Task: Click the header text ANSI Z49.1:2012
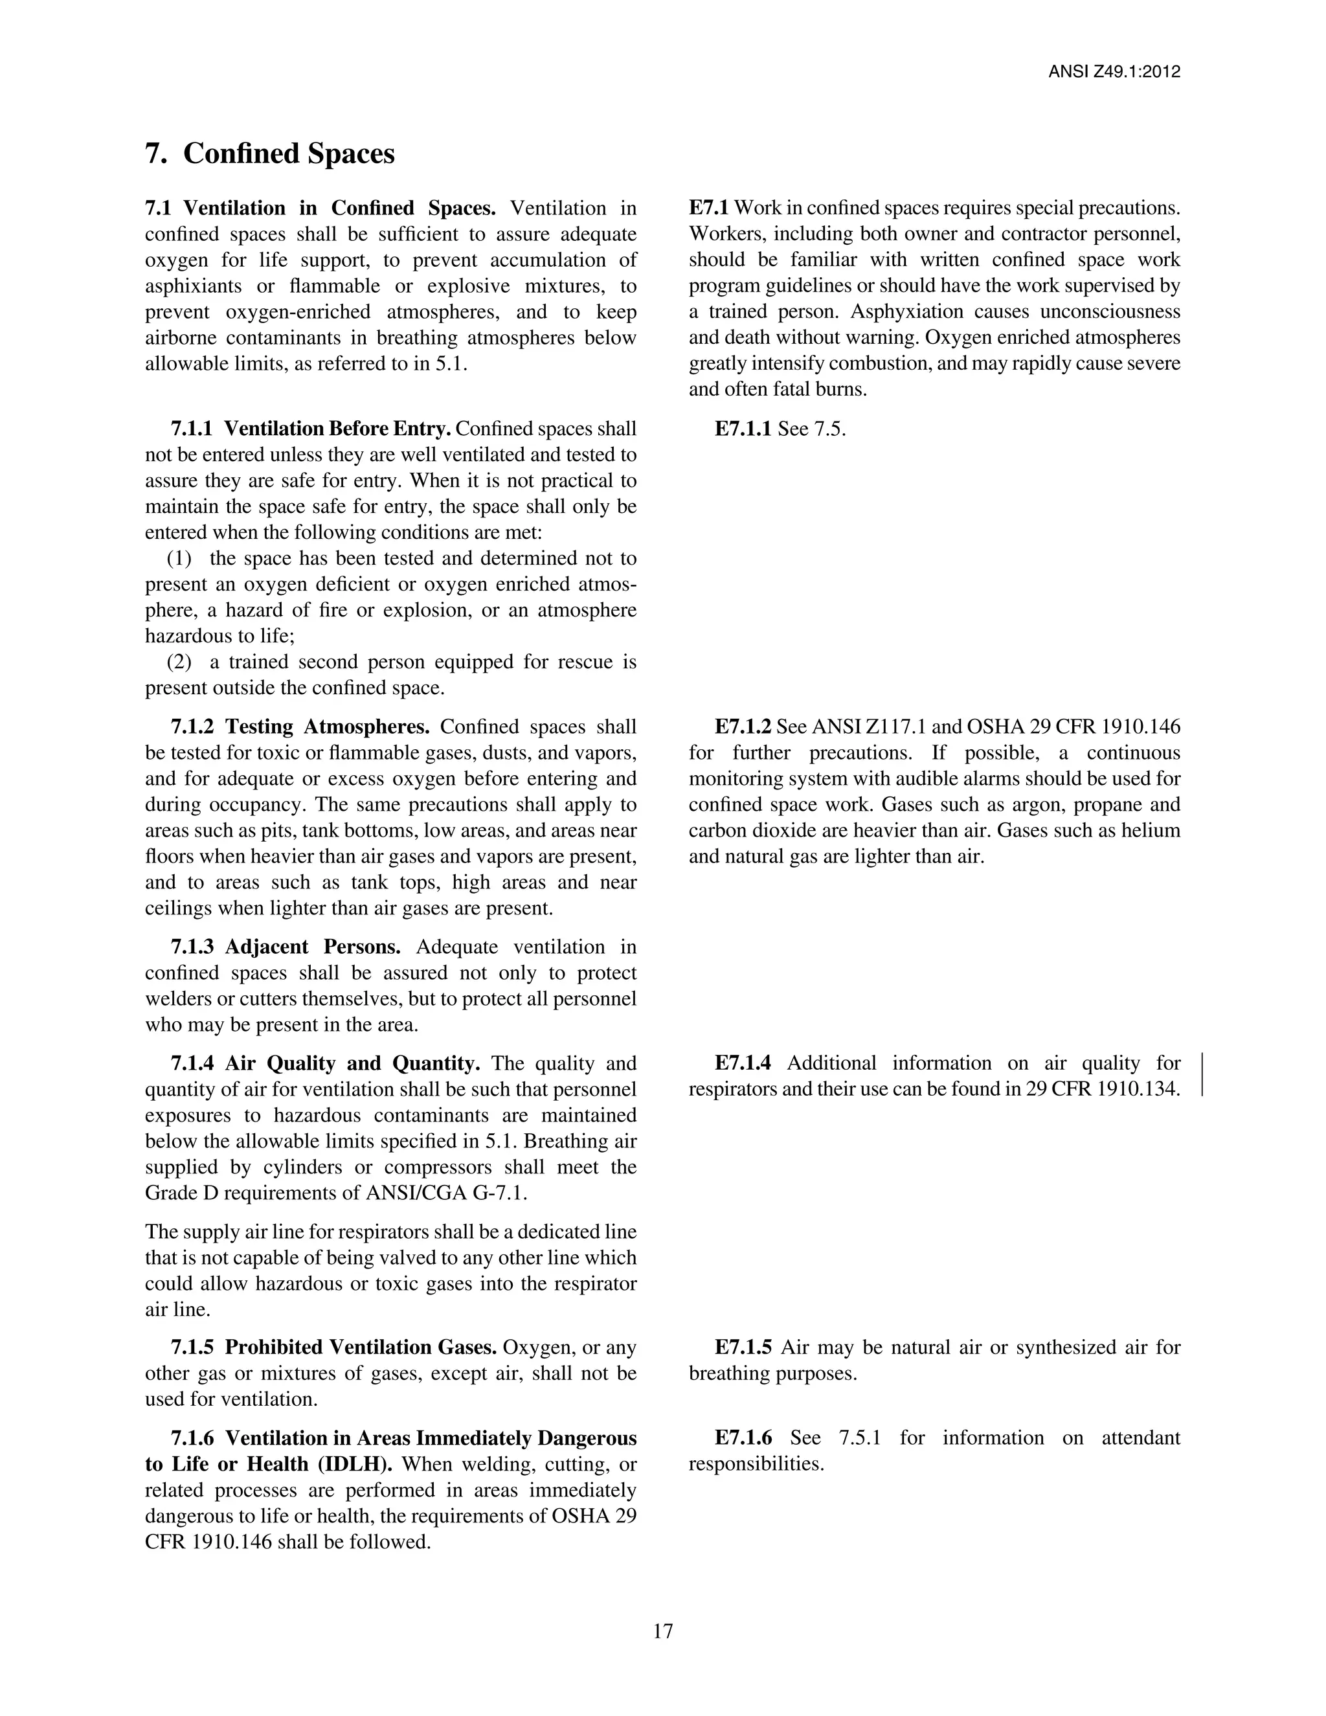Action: (x=1114, y=73)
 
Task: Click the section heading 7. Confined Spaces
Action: (x=269, y=153)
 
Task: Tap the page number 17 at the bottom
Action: (x=662, y=1631)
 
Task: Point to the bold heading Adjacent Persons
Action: (x=313, y=947)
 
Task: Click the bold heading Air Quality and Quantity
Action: (x=353, y=1063)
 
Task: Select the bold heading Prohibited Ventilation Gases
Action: (x=361, y=1347)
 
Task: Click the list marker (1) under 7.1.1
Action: (x=179, y=559)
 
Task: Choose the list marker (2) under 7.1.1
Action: (x=179, y=662)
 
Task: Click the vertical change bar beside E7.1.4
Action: (x=1203, y=1075)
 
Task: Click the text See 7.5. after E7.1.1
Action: (x=811, y=429)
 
